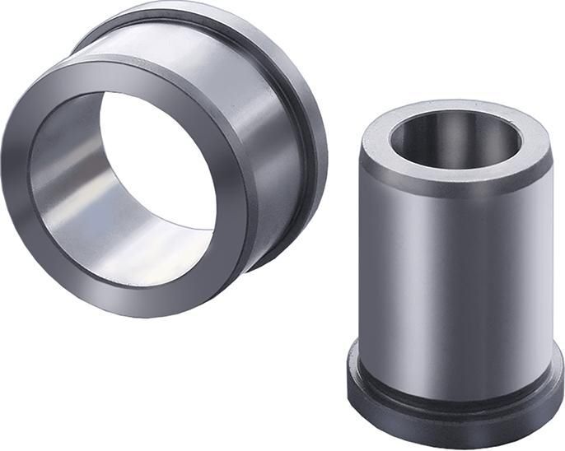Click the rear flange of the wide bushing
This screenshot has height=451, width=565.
[x=305, y=123]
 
